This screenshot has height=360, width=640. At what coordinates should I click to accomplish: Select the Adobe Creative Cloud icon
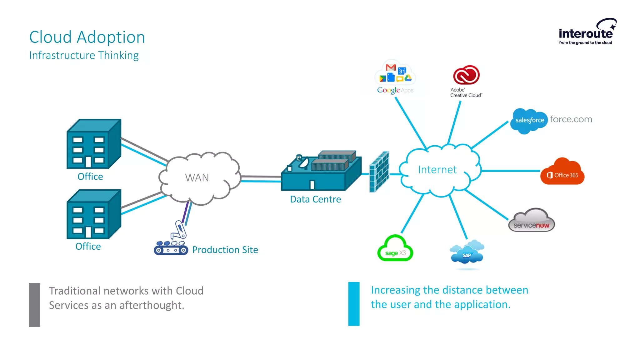coord(466,75)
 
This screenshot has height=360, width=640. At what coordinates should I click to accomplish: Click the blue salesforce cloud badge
coord(529,120)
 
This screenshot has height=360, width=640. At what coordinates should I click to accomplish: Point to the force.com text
coord(571,119)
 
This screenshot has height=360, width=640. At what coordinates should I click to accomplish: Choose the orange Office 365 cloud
coord(562,172)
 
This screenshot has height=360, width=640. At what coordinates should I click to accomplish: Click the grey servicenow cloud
coord(532,221)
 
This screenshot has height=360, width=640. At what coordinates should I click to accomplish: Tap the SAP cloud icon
coord(467,253)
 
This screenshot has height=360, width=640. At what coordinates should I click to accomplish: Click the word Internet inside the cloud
coord(437,169)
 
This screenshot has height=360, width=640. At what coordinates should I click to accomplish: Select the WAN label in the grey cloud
coord(197,177)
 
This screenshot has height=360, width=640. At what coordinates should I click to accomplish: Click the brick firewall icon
coord(379,172)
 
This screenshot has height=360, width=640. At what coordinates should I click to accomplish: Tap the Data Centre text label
coord(315,199)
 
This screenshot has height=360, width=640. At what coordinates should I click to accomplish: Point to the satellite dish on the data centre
coord(303,162)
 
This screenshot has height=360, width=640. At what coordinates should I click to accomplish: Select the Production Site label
coord(225,250)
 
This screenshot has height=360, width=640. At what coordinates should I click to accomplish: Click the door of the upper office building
coord(88,162)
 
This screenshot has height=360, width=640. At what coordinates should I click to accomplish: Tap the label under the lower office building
coord(88,246)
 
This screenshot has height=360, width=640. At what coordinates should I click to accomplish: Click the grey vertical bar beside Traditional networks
coord(35,305)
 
